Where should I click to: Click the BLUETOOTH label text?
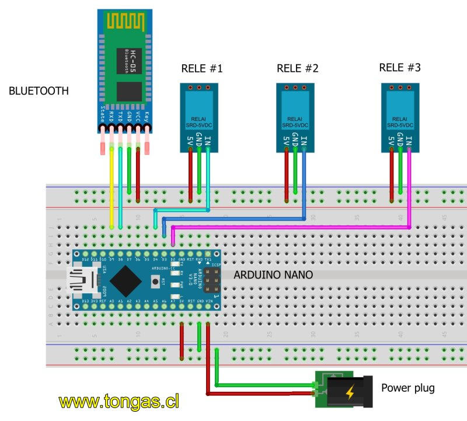39,91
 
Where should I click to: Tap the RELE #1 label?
202,69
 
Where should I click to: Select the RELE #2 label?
298,69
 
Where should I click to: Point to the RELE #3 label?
400,68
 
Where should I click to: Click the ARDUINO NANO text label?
274,274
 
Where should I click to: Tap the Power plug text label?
407,387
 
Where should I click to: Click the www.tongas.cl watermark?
119,402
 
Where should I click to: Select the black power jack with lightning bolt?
350,391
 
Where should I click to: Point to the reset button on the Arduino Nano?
155,282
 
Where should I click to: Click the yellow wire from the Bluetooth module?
111,193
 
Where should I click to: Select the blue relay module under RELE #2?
295,117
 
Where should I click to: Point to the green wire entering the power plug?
263,384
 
